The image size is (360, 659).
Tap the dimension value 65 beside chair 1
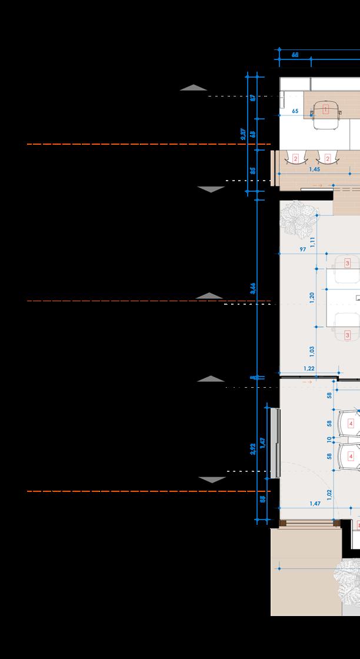[x=295, y=111]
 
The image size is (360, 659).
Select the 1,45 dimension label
[x=314, y=169]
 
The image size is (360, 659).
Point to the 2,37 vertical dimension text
[x=244, y=134]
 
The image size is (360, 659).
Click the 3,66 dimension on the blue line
[x=252, y=288]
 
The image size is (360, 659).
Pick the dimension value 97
[x=302, y=249]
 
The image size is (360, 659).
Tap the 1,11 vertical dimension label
[x=313, y=242]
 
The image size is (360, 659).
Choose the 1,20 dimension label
[x=312, y=297]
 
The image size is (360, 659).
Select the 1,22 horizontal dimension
[x=309, y=368]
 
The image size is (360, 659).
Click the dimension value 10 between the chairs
[x=329, y=438]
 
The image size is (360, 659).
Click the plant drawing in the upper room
[x=295, y=216]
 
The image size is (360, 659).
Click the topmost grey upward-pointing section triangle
[x=194, y=88]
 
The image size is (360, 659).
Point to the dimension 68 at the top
[x=295, y=54]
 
